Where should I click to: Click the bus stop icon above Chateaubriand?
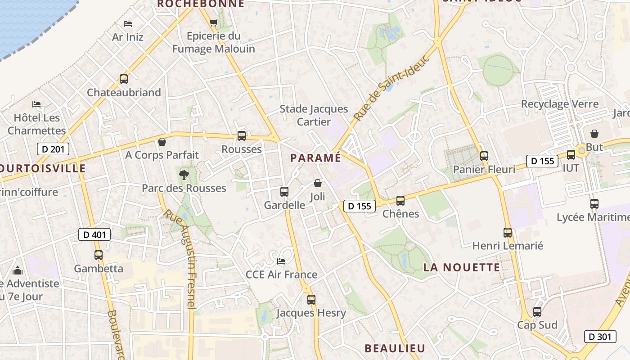coord(123,79)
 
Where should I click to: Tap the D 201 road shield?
coord(53,149)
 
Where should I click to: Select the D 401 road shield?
coord(94,234)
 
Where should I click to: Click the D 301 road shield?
coord(600,336)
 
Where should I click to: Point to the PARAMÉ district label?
coord(315,158)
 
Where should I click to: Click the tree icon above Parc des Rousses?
coord(184,175)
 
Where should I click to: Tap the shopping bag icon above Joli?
coord(318,183)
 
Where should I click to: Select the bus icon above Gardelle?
coord(284,192)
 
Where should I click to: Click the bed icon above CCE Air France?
coord(281,261)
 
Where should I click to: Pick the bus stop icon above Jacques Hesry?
coord(311,299)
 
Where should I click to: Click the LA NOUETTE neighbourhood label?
coord(461,267)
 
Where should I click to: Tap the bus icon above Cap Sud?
coord(537,311)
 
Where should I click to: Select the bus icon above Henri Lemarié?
coord(508,233)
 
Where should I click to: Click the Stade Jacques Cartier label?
coord(314,115)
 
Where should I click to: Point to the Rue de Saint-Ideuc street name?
coord(390,88)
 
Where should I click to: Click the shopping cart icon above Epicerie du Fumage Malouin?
coord(214,22)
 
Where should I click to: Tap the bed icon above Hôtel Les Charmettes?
coord(36,104)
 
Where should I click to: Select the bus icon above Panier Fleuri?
coord(484,156)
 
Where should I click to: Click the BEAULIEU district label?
coord(395,348)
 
